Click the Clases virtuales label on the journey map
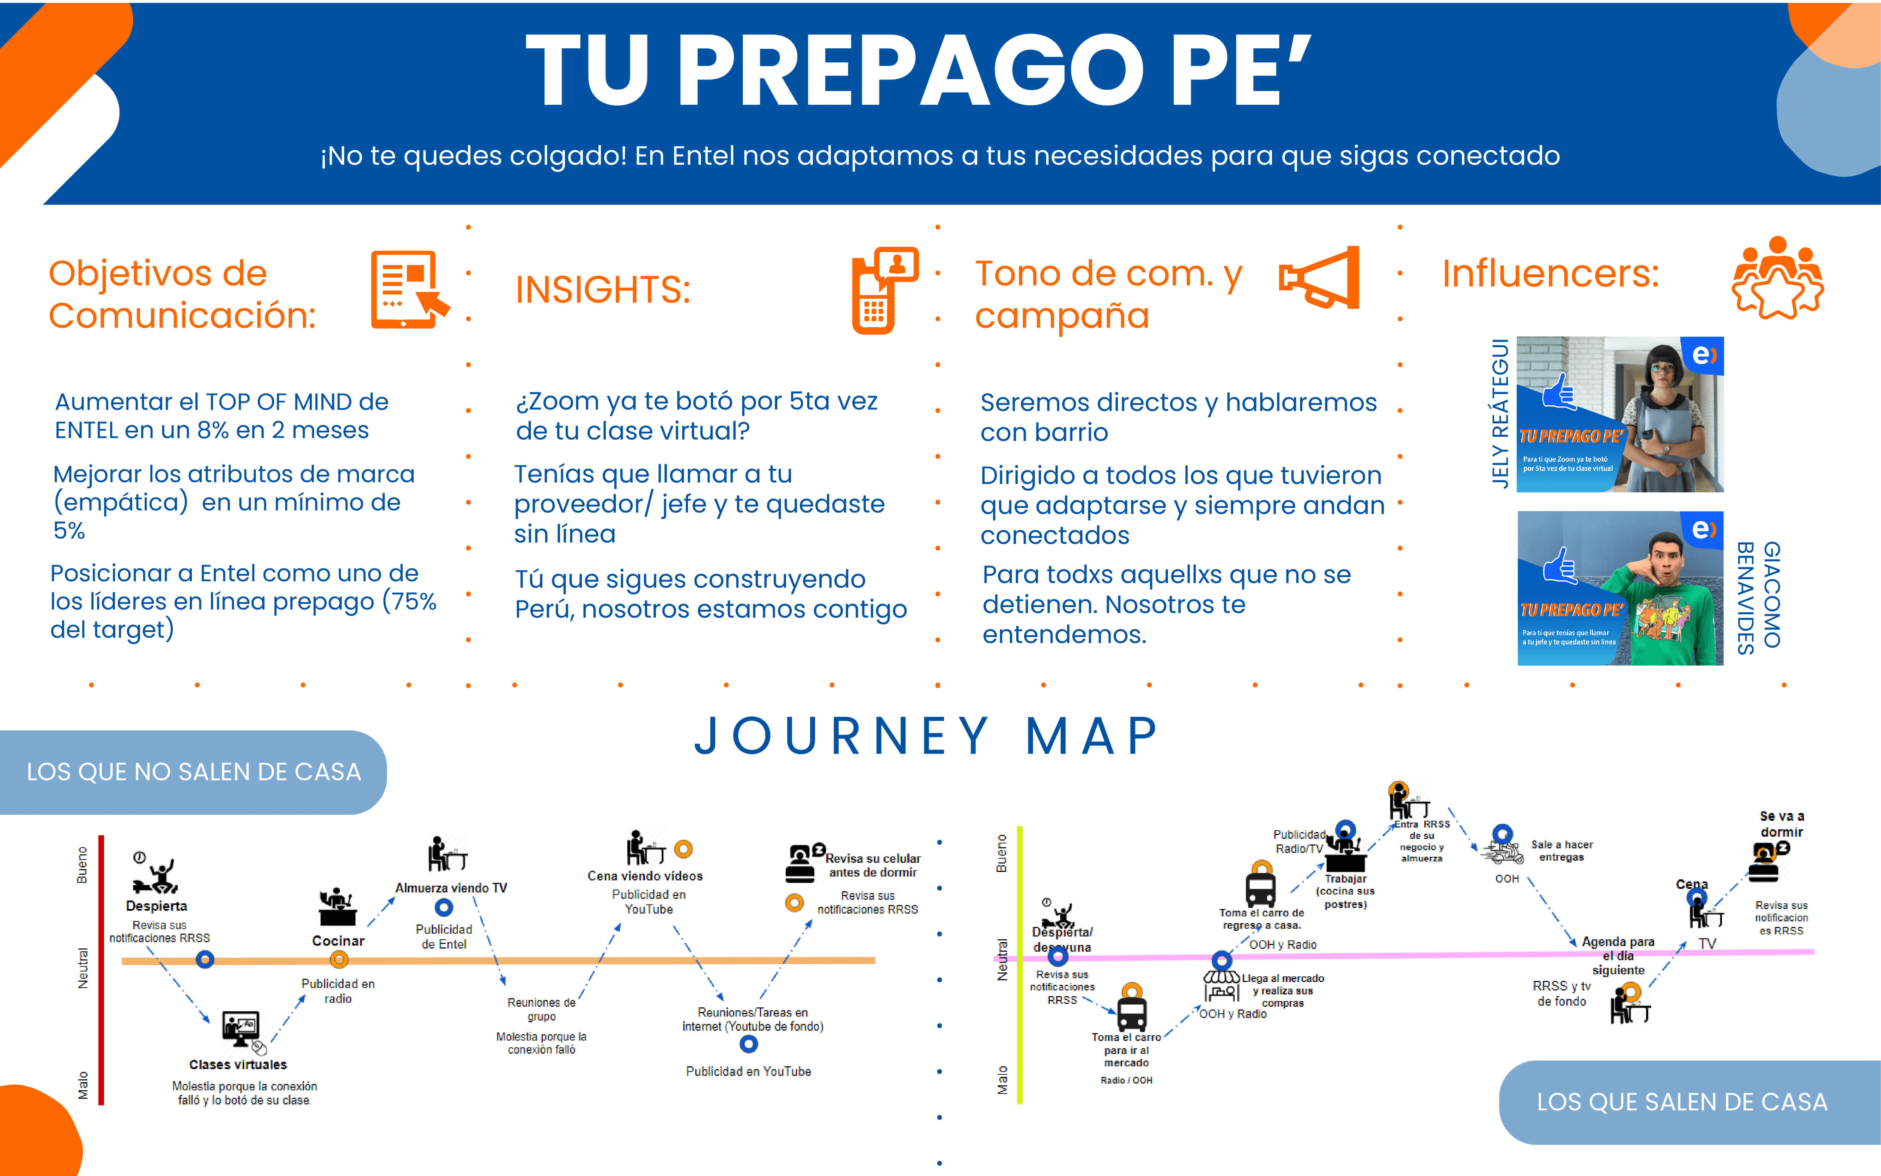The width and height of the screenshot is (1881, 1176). pyautogui.click(x=238, y=1064)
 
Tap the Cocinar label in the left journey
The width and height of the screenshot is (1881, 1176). pyautogui.click(x=338, y=940)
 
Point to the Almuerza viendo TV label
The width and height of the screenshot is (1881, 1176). pyautogui.click(x=451, y=887)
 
